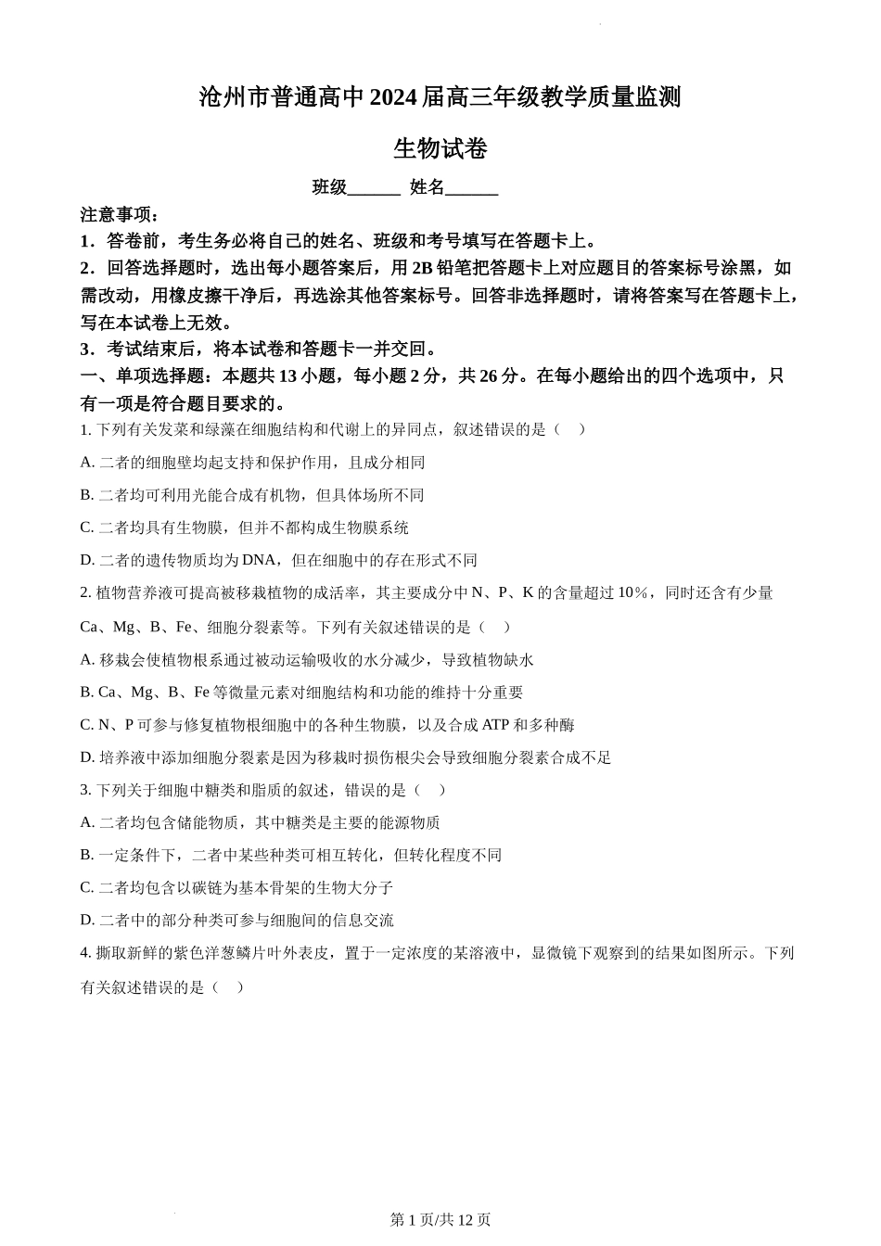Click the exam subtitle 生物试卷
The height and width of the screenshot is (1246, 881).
tap(440, 148)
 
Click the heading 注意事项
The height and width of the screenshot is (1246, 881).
tap(120, 215)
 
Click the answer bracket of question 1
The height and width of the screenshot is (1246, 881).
tap(569, 429)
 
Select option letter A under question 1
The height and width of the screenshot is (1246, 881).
tap(87, 463)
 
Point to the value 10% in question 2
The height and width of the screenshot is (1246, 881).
tap(632, 593)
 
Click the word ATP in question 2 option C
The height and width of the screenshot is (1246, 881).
tap(496, 725)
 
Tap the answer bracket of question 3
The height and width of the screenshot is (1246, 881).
tap(429, 790)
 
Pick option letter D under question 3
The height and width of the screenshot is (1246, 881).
tap(87, 921)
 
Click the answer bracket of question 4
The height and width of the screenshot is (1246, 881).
tap(227, 987)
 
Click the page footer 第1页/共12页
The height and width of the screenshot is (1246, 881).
tap(440, 1220)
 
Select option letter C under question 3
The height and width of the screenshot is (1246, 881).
tap(87, 888)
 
